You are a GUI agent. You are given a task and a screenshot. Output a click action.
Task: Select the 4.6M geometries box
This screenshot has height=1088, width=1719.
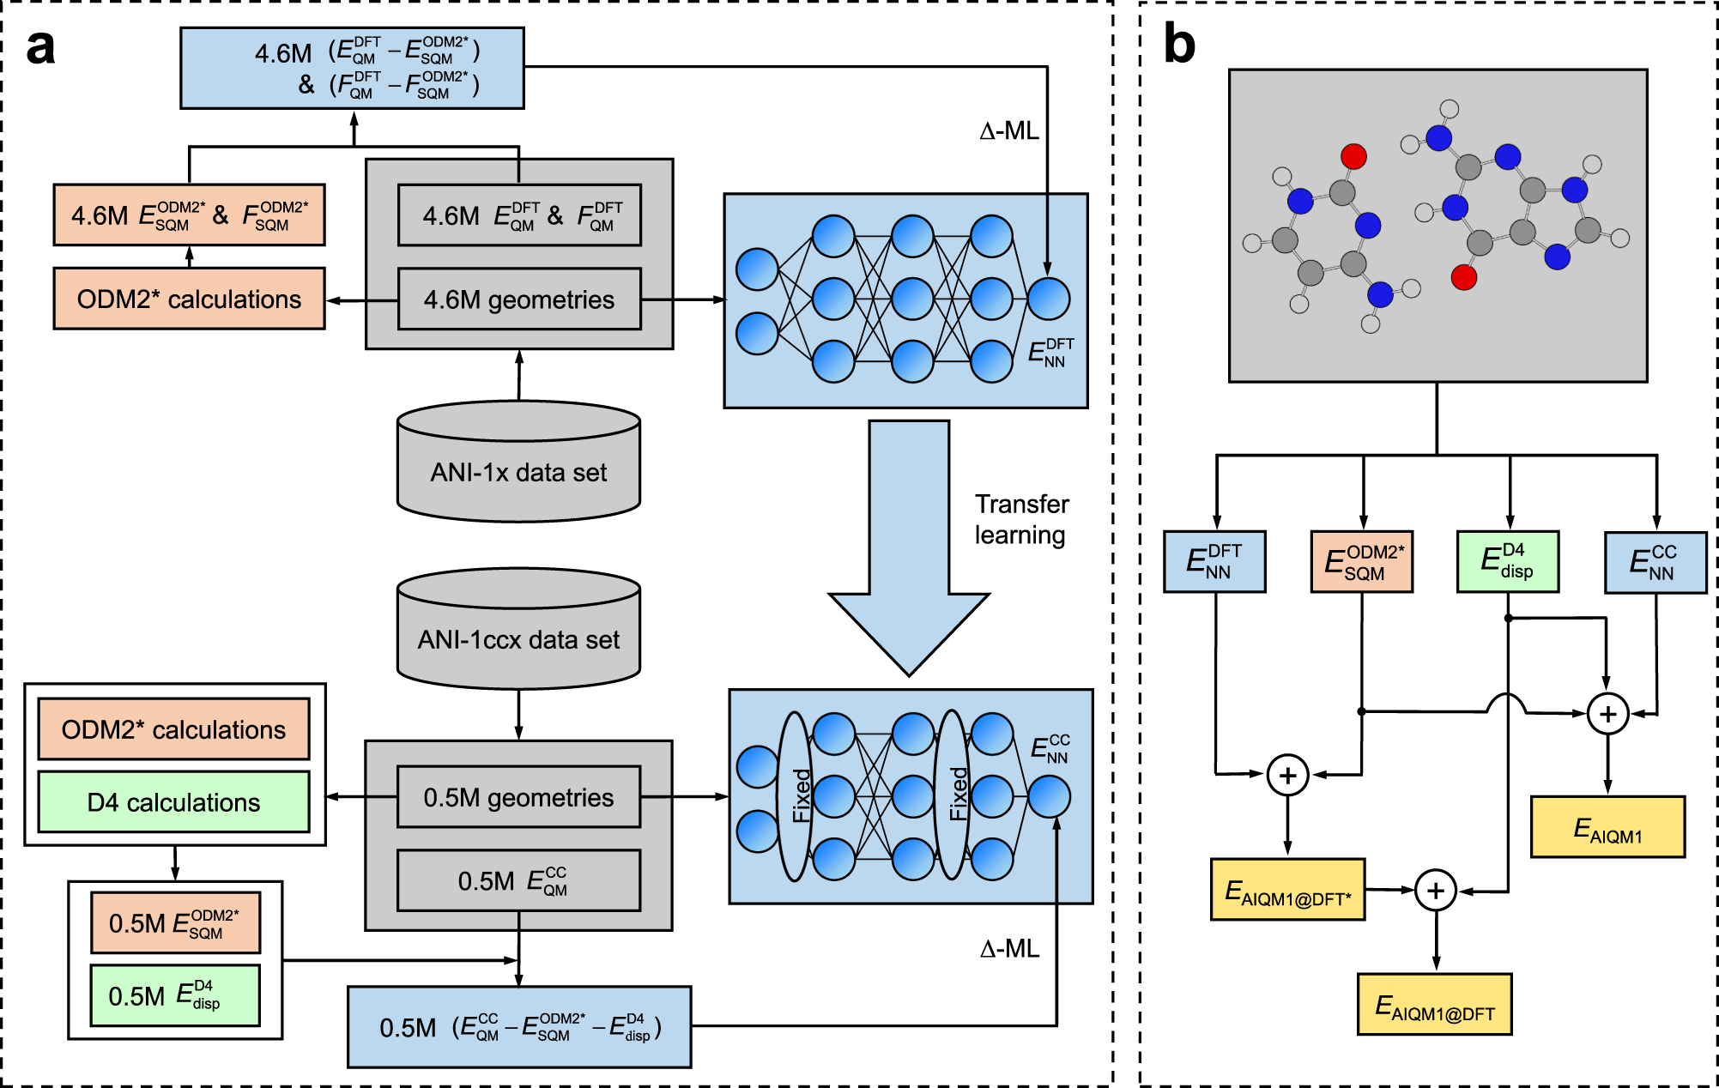(519, 299)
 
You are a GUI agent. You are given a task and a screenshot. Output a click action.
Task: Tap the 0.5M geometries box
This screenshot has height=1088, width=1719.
(518, 797)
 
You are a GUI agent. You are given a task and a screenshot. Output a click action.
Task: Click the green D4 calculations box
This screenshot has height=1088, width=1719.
(173, 802)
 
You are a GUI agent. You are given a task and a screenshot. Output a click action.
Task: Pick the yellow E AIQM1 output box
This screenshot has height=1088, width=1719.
(1607, 827)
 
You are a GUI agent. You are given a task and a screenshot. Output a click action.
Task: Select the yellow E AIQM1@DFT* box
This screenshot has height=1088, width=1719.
(1287, 890)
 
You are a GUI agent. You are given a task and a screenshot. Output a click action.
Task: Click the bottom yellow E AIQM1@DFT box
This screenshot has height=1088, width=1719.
(1434, 1005)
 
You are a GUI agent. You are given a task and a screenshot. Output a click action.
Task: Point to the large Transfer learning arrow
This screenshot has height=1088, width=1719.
(909, 549)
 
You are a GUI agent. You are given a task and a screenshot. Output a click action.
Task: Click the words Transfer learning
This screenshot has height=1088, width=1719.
(1021, 519)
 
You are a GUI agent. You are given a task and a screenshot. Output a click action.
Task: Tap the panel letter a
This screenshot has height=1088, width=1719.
(40, 47)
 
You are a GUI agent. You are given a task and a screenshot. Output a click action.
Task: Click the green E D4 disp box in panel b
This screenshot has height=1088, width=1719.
(1508, 562)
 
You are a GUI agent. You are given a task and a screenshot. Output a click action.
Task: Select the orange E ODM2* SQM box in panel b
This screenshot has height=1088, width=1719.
(1362, 562)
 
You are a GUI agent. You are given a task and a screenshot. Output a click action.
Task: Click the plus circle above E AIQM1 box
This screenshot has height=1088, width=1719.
(1607, 714)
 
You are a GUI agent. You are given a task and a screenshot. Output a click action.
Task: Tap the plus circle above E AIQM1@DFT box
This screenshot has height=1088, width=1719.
(1435, 891)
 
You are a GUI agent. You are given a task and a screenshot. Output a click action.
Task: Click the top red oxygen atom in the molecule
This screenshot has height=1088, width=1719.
(1353, 156)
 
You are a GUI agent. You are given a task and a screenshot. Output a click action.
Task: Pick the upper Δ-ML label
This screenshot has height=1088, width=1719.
(1008, 131)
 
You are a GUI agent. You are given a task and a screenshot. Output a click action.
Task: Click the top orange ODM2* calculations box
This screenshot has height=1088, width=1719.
(189, 299)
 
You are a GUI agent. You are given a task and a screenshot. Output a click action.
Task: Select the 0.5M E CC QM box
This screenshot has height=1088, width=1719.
(518, 880)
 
